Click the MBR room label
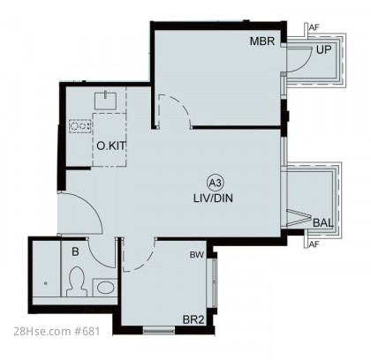click(x=262, y=41)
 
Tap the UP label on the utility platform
click(x=324, y=50)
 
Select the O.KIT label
click(x=111, y=146)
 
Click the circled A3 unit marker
click(x=216, y=184)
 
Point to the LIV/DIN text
click(x=213, y=198)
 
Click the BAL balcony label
click(x=323, y=222)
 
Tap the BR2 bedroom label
click(x=193, y=319)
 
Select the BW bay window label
click(x=197, y=255)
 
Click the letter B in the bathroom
click(x=75, y=251)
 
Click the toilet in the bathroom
click(x=77, y=281)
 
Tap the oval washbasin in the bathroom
click(x=105, y=288)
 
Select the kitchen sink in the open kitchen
click(x=105, y=101)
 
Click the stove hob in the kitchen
click(x=80, y=126)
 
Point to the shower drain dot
click(x=45, y=283)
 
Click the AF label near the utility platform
click(x=314, y=27)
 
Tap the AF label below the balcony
click(x=314, y=244)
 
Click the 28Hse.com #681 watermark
click(x=57, y=332)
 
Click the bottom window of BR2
click(x=159, y=330)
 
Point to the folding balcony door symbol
click(x=298, y=218)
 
